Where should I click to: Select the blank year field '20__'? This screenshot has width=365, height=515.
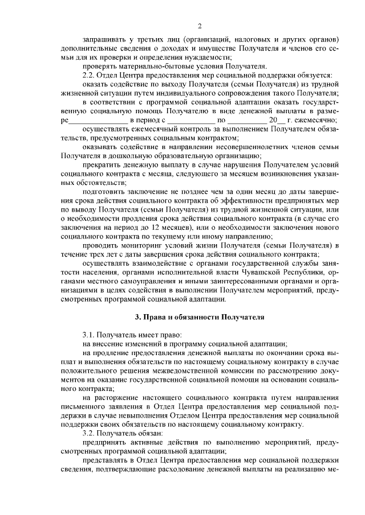pos(277,120)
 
